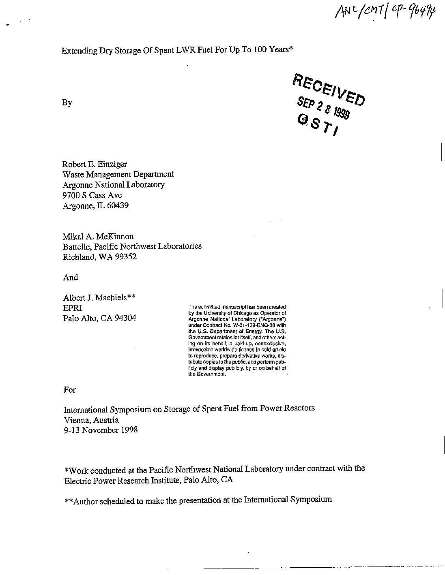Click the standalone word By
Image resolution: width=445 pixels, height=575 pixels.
coord(67,103)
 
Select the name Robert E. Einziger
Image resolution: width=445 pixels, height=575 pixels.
coord(94,164)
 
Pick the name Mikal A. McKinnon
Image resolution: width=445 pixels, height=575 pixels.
coord(98,236)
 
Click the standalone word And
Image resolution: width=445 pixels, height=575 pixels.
coord(71,278)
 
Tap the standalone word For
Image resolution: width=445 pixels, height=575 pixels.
coord(70,390)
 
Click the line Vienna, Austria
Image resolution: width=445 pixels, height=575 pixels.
coord(91,420)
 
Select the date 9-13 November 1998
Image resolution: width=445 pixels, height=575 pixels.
coord(101,430)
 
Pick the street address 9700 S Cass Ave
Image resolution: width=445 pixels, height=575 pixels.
coord(92,195)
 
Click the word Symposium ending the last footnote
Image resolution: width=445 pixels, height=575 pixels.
coord(311,500)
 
